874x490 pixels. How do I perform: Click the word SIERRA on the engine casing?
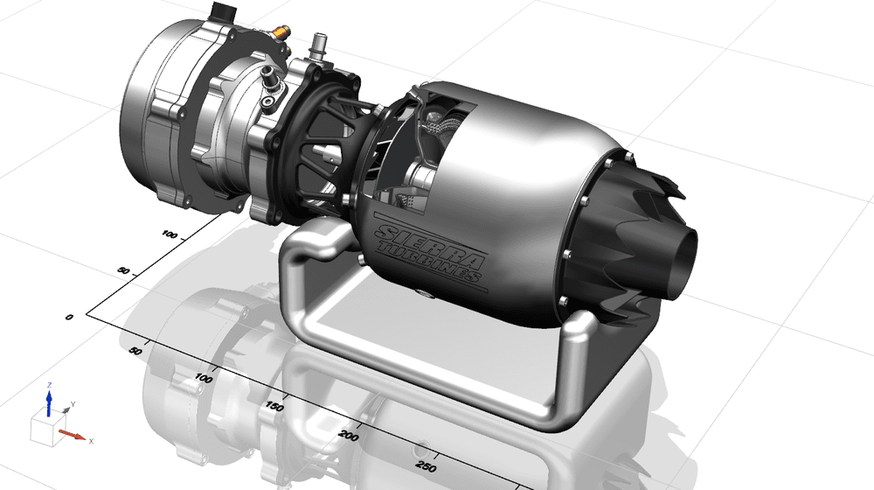pyautogui.click(x=431, y=242)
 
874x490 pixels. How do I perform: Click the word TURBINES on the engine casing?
pyautogui.click(x=428, y=261)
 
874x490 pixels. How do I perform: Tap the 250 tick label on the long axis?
pyautogui.click(x=427, y=466)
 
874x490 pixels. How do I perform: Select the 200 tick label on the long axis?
pyautogui.click(x=349, y=435)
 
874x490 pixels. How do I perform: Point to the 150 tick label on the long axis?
pyautogui.click(x=275, y=406)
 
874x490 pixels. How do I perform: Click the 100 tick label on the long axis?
pyautogui.click(x=204, y=378)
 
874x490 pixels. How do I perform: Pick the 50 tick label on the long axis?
pyautogui.click(x=135, y=351)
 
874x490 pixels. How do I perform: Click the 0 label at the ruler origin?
pyautogui.click(x=69, y=318)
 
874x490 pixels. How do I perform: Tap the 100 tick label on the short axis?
pyautogui.click(x=169, y=234)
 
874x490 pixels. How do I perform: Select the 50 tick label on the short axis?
pyautogui.click(x=124, y=272)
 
